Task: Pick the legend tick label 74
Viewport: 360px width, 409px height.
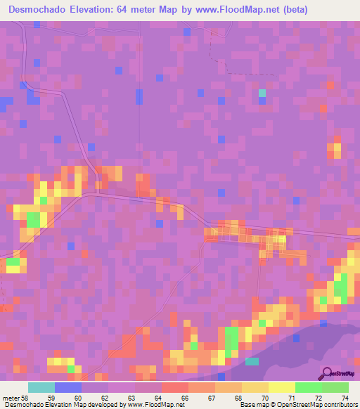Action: coord(345,398)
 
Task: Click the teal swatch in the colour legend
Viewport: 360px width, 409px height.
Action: coord(41,387)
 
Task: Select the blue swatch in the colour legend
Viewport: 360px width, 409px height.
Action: coord(68,387)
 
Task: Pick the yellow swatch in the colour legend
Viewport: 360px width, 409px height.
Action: coord(281,387)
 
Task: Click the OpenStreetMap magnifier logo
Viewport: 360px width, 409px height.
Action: coord(328,374)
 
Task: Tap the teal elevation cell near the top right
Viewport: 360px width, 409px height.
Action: coord(262,93)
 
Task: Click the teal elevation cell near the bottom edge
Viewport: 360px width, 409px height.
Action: coord(252,361)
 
